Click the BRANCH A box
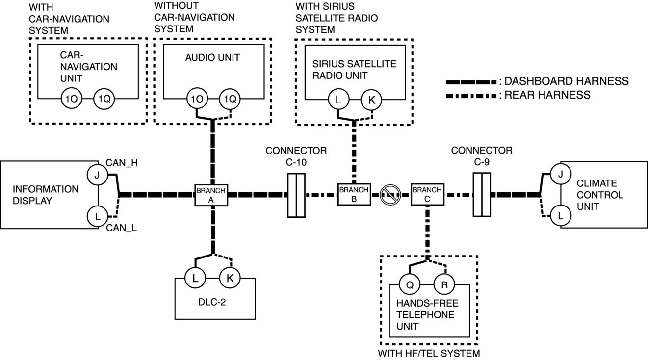point(211,195)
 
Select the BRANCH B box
point(353,195)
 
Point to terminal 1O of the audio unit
point(196,99)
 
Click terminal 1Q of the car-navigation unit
point(104,99)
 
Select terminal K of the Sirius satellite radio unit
point(371,100)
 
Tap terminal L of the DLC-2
point(195,278)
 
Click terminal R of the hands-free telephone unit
point(444,284)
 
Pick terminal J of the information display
point(97,175)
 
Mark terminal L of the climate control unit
point(561,215)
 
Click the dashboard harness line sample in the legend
point(471,81)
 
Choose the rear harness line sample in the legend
point(471,95)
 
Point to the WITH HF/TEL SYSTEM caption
point(429,353)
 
